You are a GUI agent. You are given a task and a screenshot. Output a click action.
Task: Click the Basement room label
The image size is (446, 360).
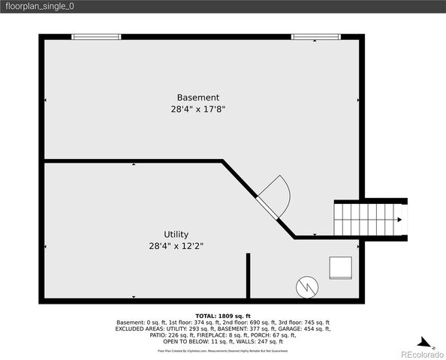pyautogui.click(x=198, y=97)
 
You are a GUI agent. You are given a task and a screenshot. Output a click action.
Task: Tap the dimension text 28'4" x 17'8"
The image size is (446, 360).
pyautogui.click(x=198, y=109)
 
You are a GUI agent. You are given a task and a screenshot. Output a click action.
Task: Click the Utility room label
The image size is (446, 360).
pyautogui.click(x=176, y=234)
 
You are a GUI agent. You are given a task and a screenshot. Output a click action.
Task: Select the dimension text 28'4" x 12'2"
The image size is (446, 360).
pyautogui.click(x=176, y=245)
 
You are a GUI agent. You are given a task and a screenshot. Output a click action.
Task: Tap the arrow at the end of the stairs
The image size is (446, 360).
pyautogui.click(x=399, y=220)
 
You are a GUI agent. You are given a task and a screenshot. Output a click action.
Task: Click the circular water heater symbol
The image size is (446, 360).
pyautogui.click(x=306, y=285)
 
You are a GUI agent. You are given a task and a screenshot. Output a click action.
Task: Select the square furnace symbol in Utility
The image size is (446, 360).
pyautogui.click(x=340, y=268)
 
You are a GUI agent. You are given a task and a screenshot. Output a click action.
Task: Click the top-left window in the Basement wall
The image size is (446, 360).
pyautogui.click(x=95, y=36)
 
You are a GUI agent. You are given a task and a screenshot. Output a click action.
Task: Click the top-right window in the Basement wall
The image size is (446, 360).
pyautogui.click(x=315, y=36)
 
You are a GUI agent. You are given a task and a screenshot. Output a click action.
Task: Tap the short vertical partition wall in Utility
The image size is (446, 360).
pyautogui.click(x=248, y=276)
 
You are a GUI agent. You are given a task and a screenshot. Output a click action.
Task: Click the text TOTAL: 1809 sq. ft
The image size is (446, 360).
pyautogui.click(x=223, y=316)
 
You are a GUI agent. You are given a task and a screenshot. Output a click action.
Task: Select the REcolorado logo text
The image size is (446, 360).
pyautogui.click(x=421, y=353)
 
